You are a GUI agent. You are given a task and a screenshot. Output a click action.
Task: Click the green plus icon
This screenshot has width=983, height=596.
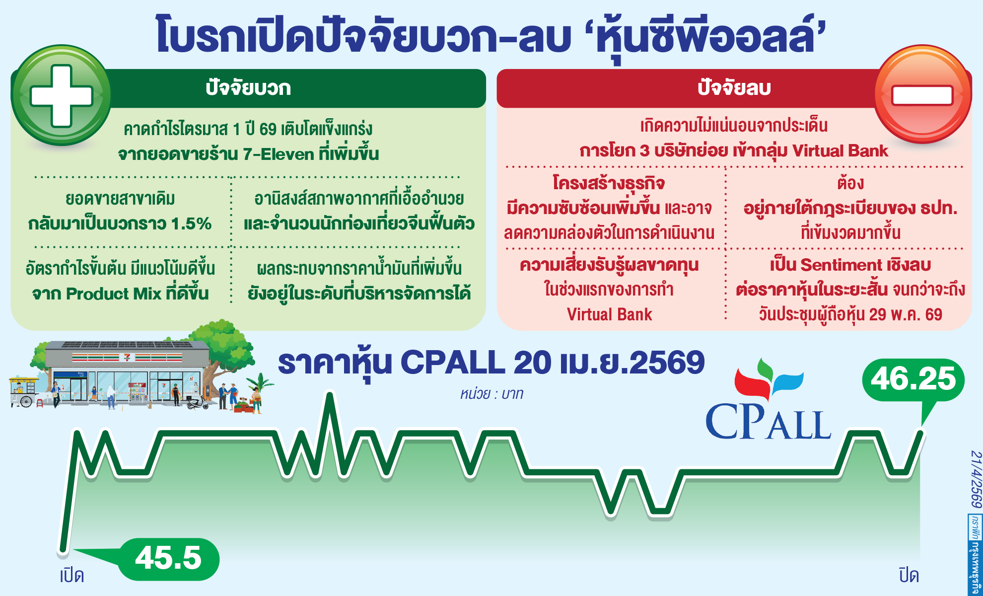(61, 95)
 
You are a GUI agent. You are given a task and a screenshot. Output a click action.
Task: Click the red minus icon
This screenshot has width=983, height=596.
(922, 94)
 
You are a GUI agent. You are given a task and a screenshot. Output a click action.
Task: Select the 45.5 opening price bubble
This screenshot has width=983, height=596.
(168, 558)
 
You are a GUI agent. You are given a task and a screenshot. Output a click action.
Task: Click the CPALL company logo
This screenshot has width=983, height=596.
(768, 402)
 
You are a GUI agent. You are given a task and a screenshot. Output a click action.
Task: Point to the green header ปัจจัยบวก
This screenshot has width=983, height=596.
(248, 88)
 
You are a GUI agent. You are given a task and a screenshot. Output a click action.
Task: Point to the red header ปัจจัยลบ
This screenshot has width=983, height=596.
(734, 88)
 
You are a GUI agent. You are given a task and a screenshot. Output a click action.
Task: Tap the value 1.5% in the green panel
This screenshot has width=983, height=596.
(191, 223)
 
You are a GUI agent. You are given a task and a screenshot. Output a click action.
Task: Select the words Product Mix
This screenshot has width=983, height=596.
(114, 294)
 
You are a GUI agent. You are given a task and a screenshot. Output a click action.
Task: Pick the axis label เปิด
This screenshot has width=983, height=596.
(71, 576)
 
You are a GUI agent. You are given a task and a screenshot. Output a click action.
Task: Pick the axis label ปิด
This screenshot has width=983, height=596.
(909, 576)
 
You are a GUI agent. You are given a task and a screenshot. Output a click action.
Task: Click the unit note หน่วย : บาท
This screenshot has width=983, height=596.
(491, 394)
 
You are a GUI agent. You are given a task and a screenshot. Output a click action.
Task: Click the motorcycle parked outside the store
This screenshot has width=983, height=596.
(198, 402)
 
